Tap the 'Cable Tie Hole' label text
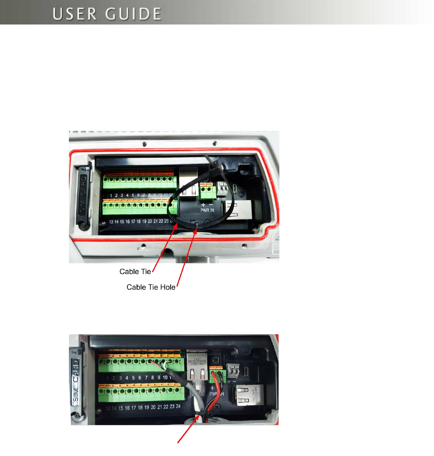point(151,287)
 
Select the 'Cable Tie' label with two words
point(135,271)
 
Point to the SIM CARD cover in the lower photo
point(76,381)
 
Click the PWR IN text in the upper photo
point(207,210)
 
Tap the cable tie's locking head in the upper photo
point(217,167)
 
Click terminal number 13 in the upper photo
point(111,222)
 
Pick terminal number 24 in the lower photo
point(178,406)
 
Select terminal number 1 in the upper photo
point(111,196)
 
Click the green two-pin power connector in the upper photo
point(206,191)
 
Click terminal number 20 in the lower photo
point(153,407)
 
